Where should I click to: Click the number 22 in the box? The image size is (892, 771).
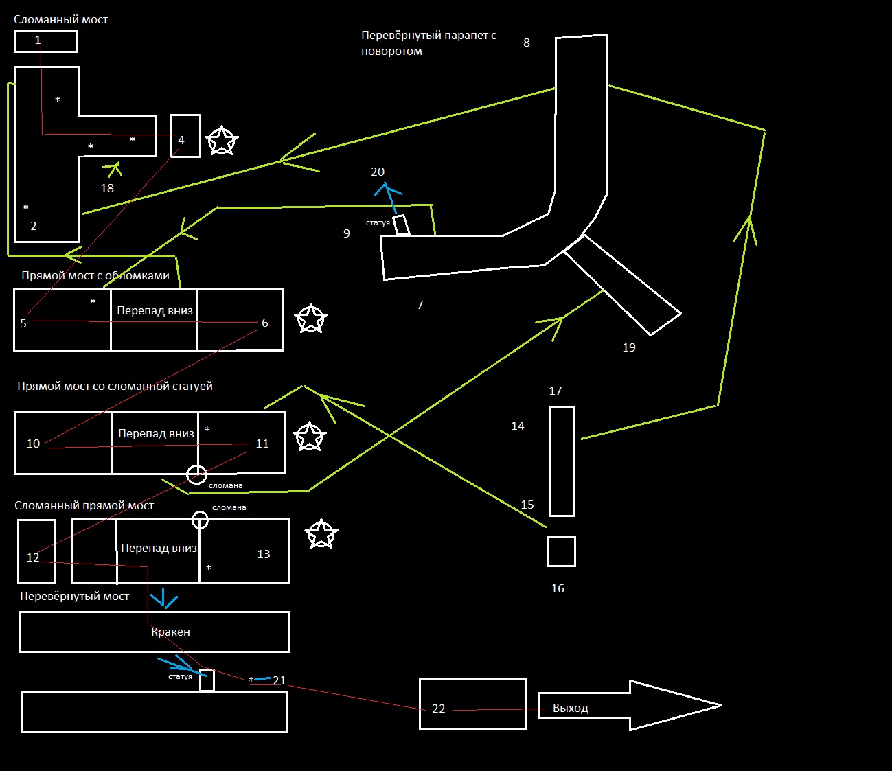[x=439, y=709]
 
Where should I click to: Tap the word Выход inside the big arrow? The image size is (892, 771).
[x=571, y=708]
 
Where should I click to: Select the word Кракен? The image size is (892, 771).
[x=170, y=632]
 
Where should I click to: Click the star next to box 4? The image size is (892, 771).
[x=221, y=141]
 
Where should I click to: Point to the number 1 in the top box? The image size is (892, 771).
[x=38, y=41]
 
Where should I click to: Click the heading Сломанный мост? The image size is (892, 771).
[x=60, y=19]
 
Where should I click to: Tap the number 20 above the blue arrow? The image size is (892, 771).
[x=378, y=172]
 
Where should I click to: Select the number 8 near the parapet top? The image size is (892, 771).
[x=527, y=43]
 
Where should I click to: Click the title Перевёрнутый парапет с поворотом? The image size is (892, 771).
[x=428, y=43]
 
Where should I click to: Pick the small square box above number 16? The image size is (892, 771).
[x=561, y=551]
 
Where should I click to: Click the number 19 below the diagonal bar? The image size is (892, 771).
[x=629, y=347]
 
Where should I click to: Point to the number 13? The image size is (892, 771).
[x=264, y=554]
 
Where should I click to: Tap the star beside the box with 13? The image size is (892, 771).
[x=321, y=535]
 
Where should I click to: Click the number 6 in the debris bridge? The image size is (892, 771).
[x=265, y=323]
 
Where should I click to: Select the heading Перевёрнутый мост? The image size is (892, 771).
[x=74, y=596]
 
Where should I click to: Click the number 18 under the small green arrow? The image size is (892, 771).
[x=107, y=188]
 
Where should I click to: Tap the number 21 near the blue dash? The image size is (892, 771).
[x=279, y=680]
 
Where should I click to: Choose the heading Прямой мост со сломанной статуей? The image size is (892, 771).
[x=115, y=386]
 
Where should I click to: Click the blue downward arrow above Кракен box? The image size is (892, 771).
[x=164, y=598]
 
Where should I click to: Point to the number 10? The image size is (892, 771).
[x=33, y=444]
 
